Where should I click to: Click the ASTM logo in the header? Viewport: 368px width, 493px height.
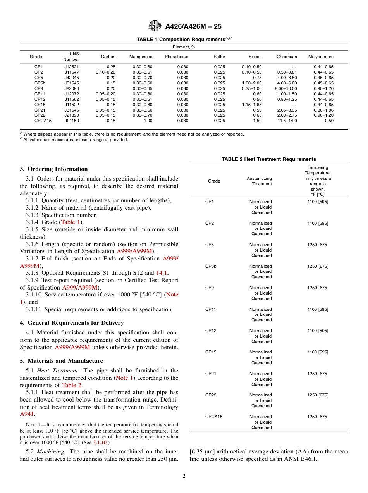coord(155,26)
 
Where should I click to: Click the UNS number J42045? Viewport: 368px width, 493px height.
coord(71,78)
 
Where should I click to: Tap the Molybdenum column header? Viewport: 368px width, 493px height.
coord(320,57)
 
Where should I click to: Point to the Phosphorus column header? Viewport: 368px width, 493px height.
coord(176,57)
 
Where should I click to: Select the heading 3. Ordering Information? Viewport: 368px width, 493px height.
coord(54,169)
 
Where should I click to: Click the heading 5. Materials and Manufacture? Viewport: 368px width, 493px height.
coord(62,361)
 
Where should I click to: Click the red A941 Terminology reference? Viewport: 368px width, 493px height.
coord(27,414)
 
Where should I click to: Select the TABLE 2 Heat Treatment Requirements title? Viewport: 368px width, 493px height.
coord(268,159)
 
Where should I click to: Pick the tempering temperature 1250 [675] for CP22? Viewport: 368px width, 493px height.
coord(317,395)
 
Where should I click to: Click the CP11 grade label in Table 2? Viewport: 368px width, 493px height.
coord(211,309)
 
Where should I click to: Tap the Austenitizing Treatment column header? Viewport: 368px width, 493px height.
coord(259,181)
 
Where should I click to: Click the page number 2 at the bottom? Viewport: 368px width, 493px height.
coord(184,476)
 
